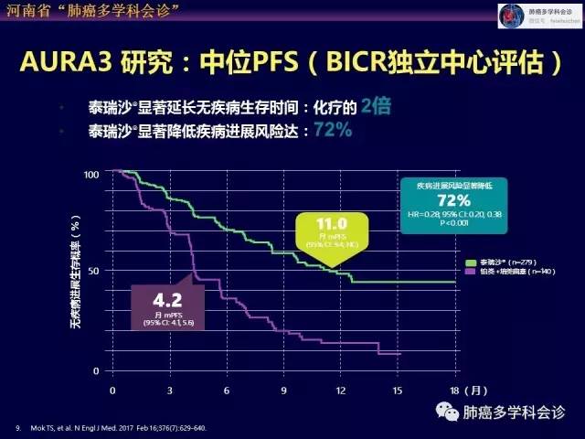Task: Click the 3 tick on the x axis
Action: coord(169,390)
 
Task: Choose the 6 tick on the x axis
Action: coord(226,390)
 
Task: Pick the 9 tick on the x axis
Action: coord(283,390)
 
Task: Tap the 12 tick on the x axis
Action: coord(340,390)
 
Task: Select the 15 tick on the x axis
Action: coord(398,390)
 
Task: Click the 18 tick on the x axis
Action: coord(454,390)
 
